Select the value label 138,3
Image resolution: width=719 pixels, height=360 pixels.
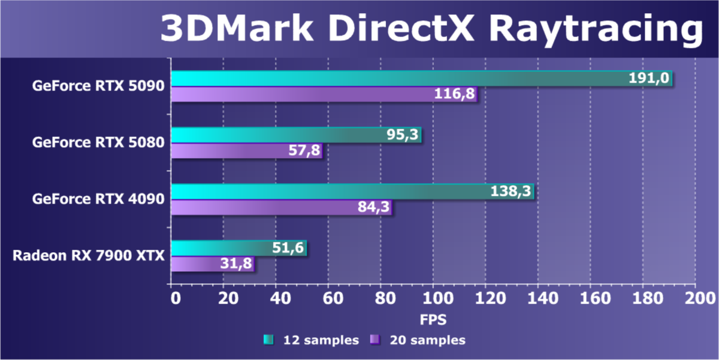[x=510, y=192]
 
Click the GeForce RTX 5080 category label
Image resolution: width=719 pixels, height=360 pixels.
[x=98, y=143]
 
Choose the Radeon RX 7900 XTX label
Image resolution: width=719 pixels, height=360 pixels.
[x=89, y=256]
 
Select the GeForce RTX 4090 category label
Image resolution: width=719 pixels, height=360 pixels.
[x=98, y=199]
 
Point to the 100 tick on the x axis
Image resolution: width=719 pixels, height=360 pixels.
[x=434, y=298]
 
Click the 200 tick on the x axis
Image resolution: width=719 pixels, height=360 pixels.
[x=695, y=298]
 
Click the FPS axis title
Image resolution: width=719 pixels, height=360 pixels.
[x=433, y=319]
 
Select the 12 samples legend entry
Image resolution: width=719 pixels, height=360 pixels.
[x=311, y=340]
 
